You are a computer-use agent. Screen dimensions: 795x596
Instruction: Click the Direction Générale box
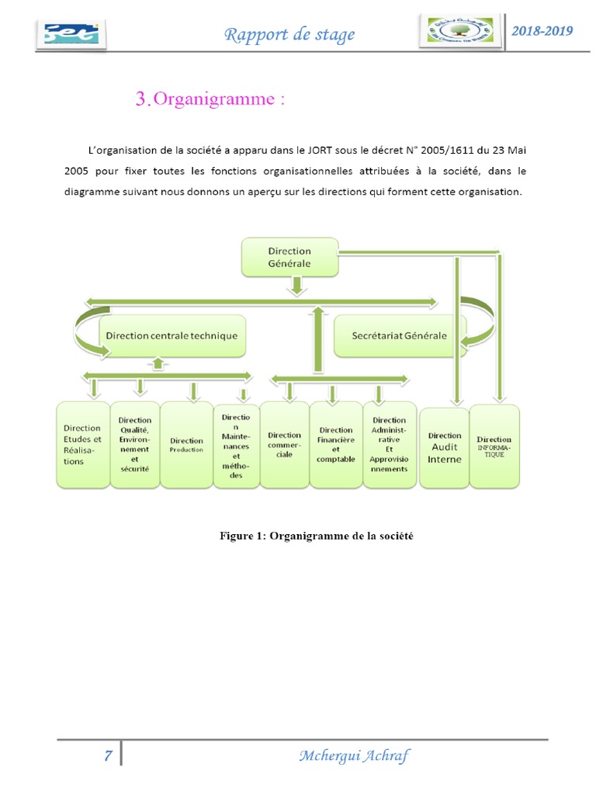tap(289, 257)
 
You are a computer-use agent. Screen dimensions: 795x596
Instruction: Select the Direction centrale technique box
tap(172, 336)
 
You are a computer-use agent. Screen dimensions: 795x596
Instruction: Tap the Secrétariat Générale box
tap(399, 336)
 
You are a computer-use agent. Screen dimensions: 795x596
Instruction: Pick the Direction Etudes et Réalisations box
tap(82, 445)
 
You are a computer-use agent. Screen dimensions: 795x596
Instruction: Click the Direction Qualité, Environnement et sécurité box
tap(135, 445)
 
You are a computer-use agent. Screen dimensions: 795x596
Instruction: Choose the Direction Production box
tap(186, 445)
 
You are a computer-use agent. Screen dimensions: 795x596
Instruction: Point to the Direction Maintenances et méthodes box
tap(236, 445)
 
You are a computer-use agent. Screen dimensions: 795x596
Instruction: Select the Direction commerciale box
tap(284, 445)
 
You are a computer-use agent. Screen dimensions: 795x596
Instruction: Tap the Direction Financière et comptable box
tap(335, 445)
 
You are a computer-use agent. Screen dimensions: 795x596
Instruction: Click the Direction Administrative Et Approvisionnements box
tap(389, 445)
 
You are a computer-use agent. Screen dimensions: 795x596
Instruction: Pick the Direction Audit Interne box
tap(444, 446)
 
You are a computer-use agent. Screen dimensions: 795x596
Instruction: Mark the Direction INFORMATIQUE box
tap(494, 446)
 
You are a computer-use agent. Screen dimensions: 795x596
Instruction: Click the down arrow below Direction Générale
tap(296, 286)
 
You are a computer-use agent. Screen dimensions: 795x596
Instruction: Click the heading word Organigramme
tap(214, 99)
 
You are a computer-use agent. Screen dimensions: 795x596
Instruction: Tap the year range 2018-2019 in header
tap(542, 31)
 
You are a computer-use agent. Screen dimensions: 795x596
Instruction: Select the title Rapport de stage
tap(289, 34)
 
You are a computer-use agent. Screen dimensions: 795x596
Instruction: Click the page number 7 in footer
tap(109, 756)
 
